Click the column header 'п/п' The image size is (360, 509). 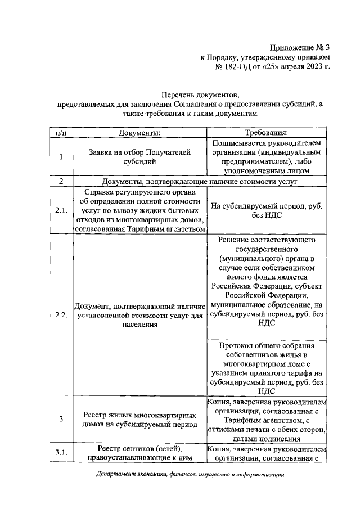click(x=60, y=133)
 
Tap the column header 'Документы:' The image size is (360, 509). click(x=140, y=133)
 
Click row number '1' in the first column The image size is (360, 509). click(x=60, y=156)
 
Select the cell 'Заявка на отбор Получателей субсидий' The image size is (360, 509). click(x=140, y=156)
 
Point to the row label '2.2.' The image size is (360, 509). click(x=60, y=314)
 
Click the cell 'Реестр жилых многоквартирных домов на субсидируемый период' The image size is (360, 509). click(x=140, y=418)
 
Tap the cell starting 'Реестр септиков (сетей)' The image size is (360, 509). click(x=140, y=452)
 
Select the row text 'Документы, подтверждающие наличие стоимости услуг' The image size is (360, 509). click(x=199, y=181)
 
